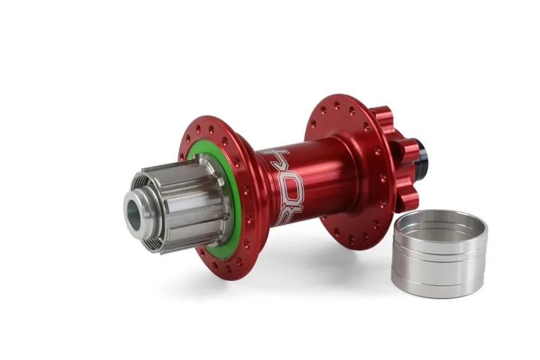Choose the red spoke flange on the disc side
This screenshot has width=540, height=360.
[351, 115]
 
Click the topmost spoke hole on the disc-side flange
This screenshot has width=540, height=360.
[337, 105]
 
